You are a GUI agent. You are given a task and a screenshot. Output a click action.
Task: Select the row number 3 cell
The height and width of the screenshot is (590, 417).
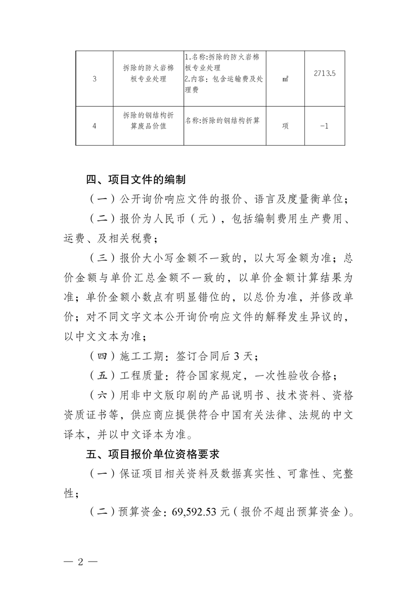tap(94, 79)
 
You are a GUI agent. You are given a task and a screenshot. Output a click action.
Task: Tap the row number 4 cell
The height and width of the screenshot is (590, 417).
tap(94, 126)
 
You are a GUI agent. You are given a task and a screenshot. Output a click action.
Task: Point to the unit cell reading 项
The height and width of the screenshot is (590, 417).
tap(286, 126)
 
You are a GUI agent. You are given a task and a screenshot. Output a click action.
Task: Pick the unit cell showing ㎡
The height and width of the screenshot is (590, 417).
tap(286, 79)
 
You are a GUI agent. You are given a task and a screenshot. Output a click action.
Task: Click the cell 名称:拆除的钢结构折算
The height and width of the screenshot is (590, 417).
tap(223, 120)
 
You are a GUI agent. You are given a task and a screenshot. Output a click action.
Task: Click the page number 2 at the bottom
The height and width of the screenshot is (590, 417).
tap(80, 561)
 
